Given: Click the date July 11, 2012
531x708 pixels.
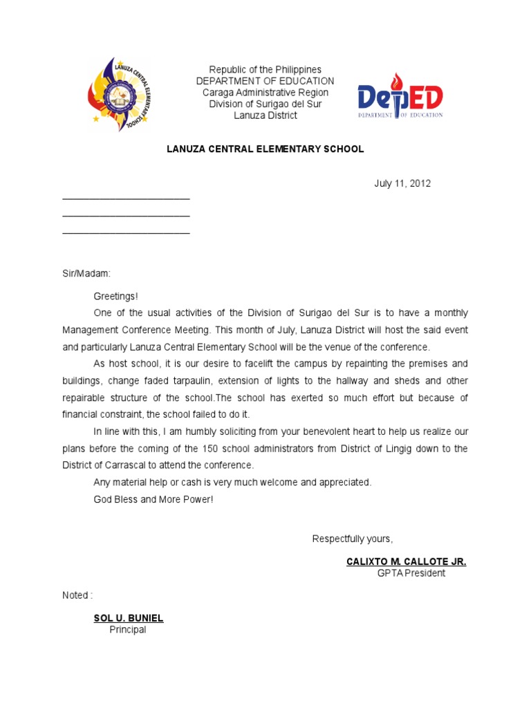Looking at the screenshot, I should point(402,183).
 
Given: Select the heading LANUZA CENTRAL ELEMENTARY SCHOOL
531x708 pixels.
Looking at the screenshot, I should point(265,149).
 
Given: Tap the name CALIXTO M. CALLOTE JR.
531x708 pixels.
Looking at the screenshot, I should point(406,561).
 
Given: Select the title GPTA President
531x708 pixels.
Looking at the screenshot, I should point(411,573).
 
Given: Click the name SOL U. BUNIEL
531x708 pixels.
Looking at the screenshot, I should point(129,618).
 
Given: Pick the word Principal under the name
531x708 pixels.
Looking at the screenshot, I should point(128,630).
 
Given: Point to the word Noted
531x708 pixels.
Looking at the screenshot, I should point(75,595).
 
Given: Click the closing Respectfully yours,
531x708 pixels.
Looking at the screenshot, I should point(353,539).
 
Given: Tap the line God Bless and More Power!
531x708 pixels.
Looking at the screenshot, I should point(154,499).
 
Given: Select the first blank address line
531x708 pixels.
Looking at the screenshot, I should point(126,198).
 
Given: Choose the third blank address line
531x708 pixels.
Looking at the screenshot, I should point(126,232).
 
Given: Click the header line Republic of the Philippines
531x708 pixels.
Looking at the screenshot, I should point(265,70).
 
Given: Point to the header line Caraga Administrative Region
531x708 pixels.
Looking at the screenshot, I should point(265,93).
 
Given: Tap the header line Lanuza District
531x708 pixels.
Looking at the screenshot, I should point(265,115).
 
